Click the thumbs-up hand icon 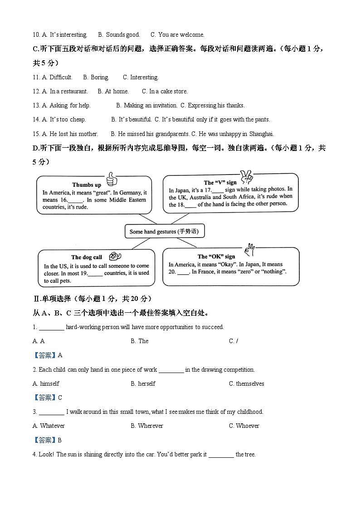pos(111,180)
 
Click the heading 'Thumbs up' pos(87,185)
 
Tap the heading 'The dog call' pos(87,257)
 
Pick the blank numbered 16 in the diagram pos(76,200)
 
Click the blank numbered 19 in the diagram pos(95,273)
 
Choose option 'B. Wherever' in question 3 pos(147,426)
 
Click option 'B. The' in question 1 pos(140,341)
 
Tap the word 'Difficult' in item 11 pos(60,77)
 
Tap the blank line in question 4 pos(221,455)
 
